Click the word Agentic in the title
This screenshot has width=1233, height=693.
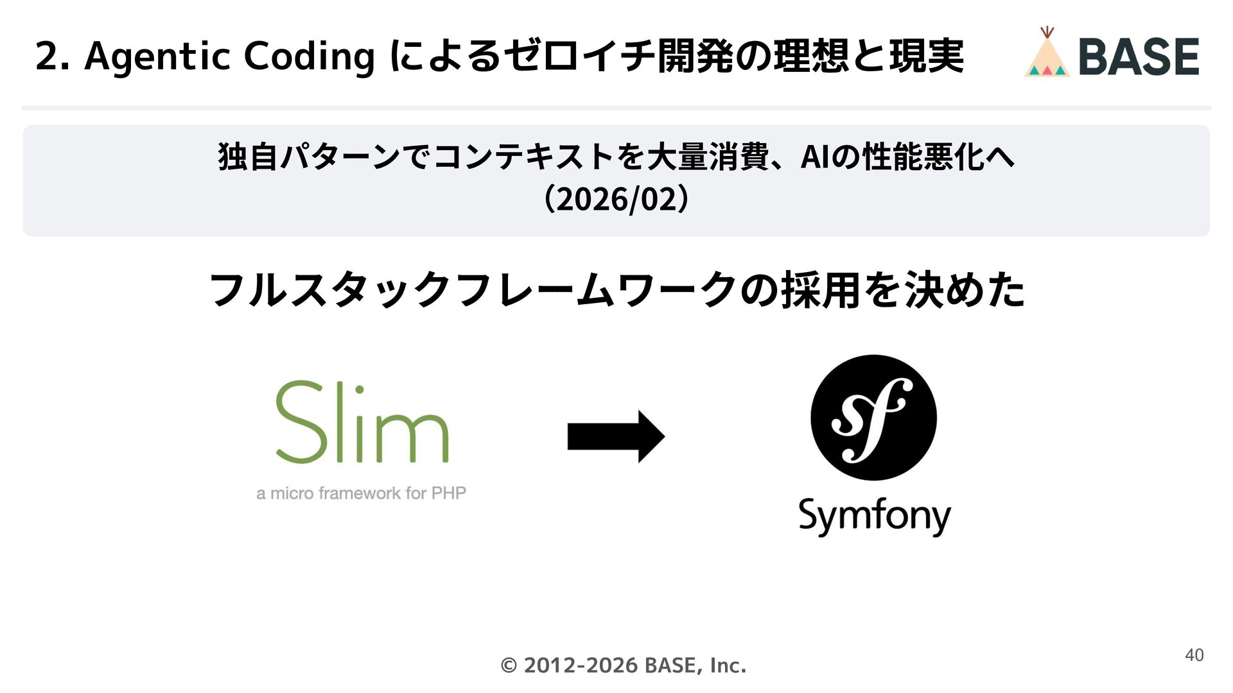157,56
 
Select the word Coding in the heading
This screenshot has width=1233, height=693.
309,56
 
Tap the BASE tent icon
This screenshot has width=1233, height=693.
1047,53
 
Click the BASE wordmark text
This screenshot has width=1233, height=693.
1139,56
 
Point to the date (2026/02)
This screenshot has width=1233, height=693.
616,199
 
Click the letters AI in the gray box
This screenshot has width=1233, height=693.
814,157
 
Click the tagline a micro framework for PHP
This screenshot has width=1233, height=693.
361,493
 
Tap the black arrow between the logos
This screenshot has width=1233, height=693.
616,436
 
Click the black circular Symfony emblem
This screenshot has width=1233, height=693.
873,418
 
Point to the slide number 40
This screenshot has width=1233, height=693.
1194,655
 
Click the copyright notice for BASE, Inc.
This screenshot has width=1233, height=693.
623,665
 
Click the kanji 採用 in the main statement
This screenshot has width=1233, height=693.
820,290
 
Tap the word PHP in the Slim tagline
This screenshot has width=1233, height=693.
448,493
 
